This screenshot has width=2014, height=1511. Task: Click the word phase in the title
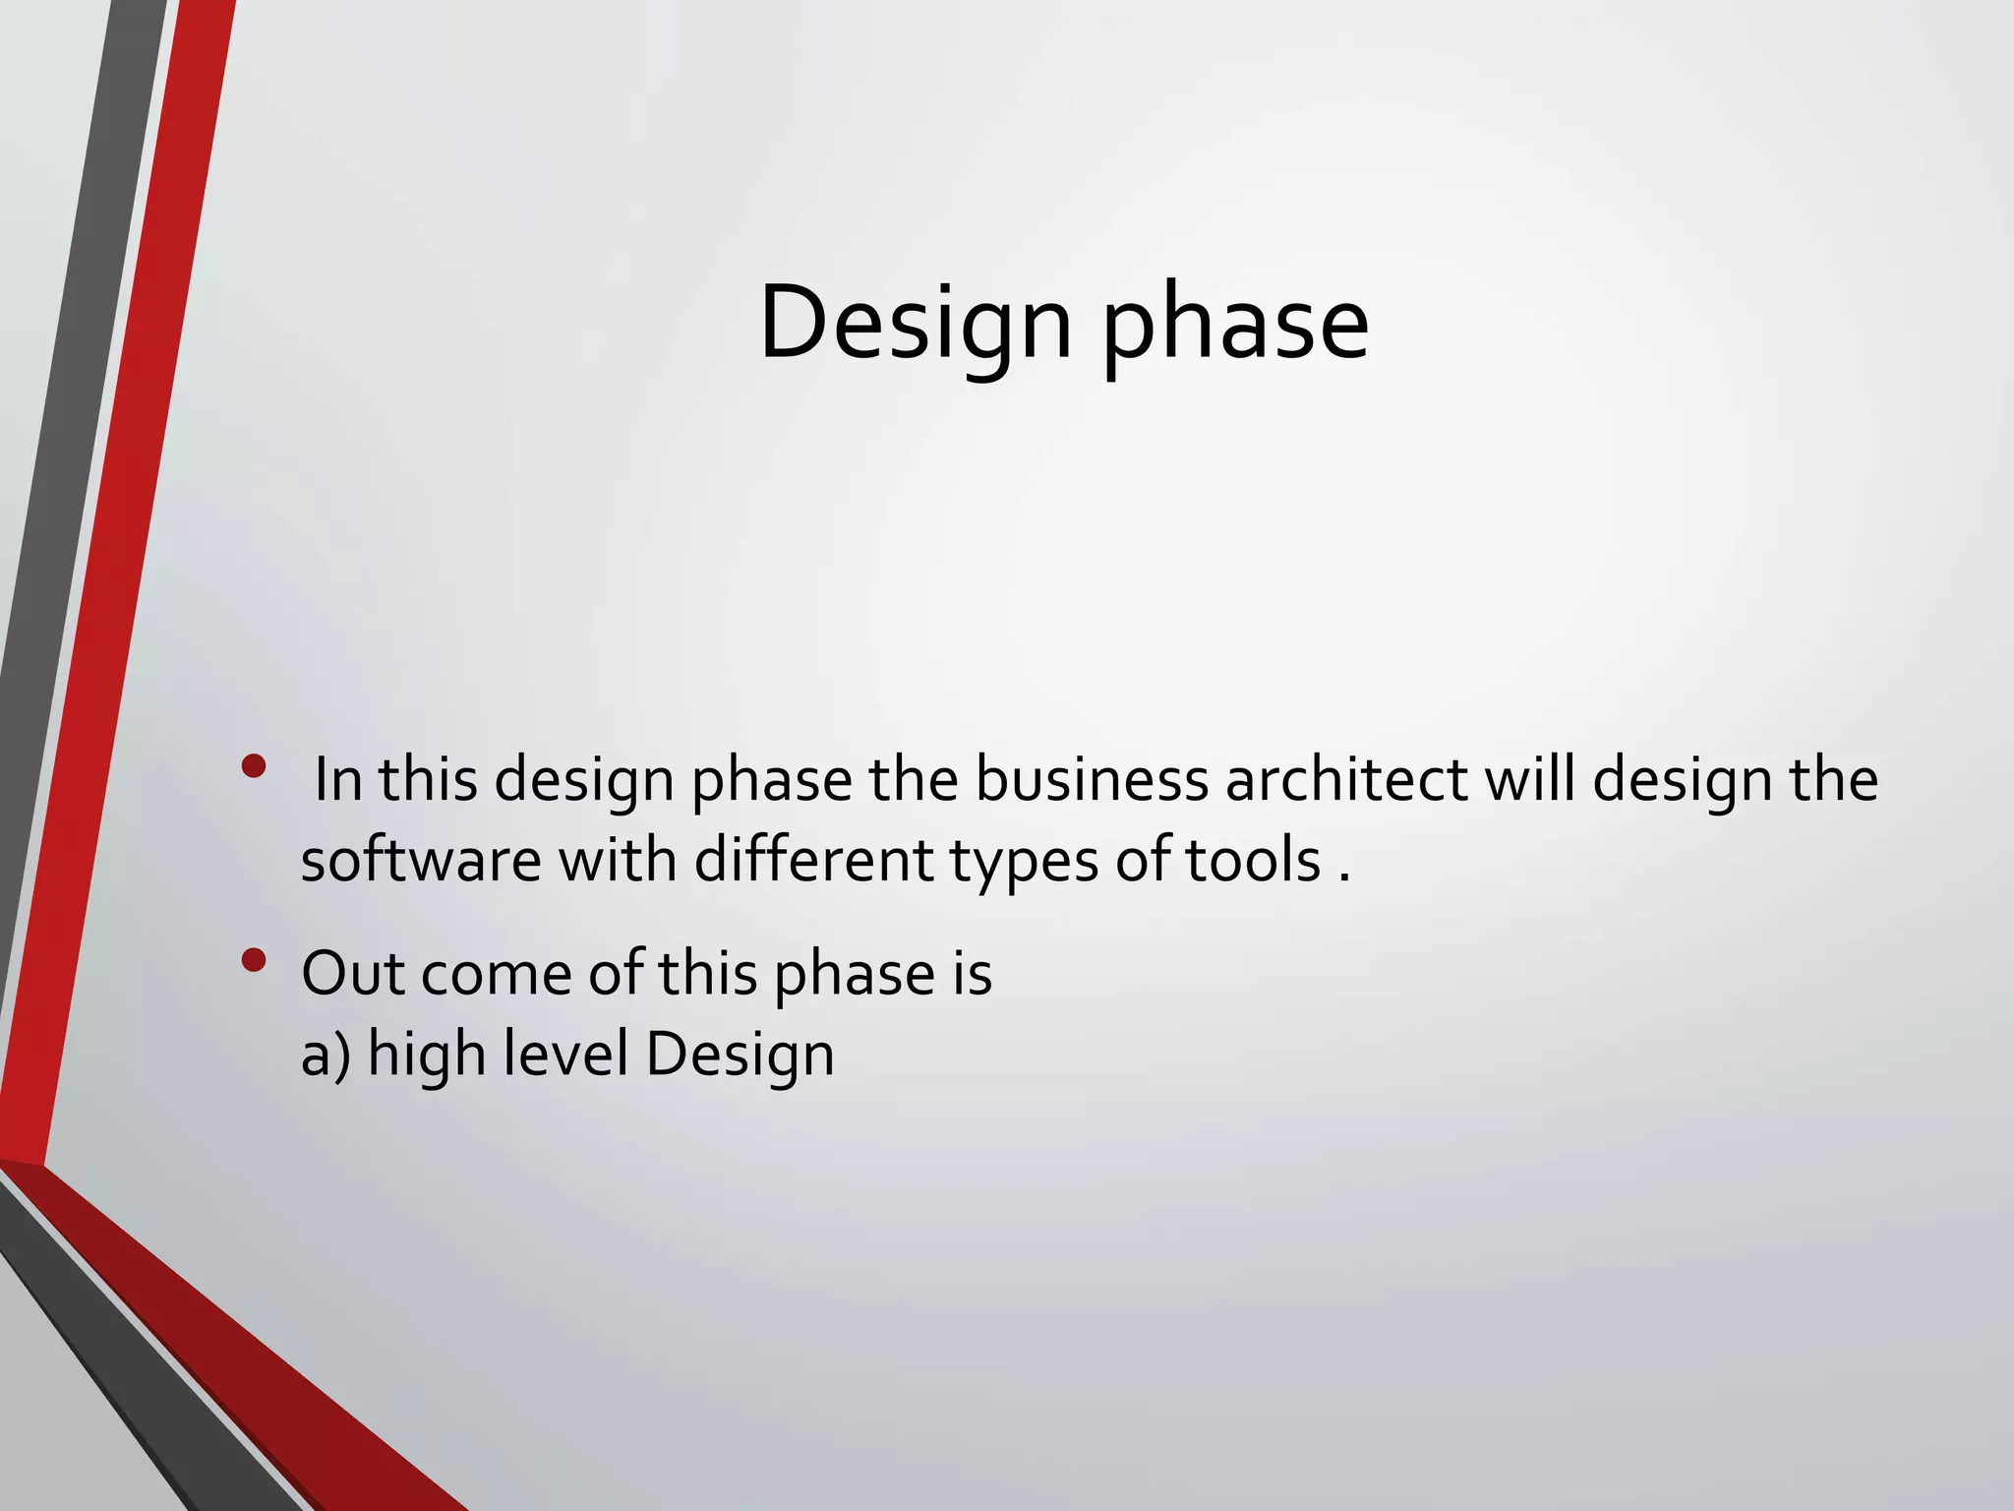point(1235,325)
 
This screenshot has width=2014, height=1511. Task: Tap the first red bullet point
point(254,765)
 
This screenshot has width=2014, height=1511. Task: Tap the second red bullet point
point(254,959)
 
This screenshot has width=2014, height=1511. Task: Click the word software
point(421,861)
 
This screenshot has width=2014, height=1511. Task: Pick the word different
point(813,861)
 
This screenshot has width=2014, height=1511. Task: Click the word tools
point(1252,861)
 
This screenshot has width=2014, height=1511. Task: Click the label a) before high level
point(326,1056)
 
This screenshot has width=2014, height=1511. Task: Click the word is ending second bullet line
point(971,974)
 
